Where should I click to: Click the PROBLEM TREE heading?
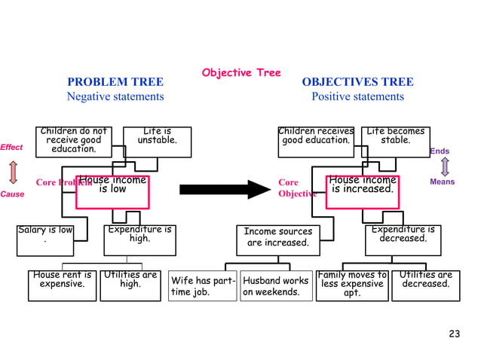(x=115, y=82)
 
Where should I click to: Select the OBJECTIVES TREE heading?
(x=357, y=82)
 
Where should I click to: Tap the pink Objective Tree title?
(x=240, y=72)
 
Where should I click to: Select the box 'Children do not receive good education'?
(x=74, y=142)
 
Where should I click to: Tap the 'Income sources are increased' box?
(x=277, y=237)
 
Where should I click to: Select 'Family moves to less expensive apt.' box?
(x=352, y=285)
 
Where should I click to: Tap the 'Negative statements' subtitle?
(x=115, y=96)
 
